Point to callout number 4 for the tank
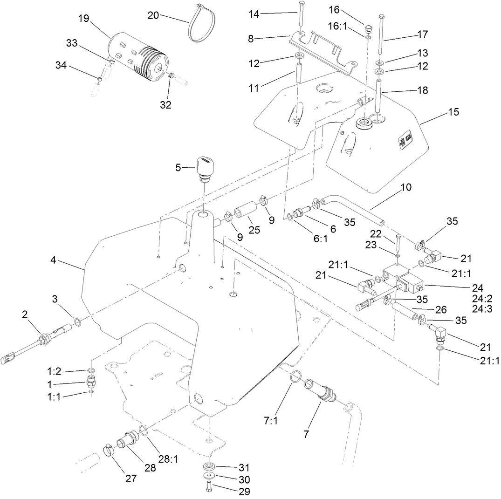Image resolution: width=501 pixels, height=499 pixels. click(54, 260)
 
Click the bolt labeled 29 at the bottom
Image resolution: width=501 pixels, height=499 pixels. click(208, 488)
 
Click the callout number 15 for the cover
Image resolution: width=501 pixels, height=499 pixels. click(453, 112)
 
